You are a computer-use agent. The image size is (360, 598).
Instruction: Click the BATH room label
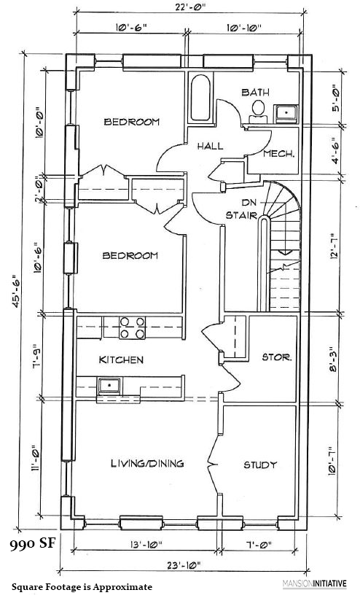tap(256, 92)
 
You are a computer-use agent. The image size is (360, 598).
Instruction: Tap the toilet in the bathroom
tap(257, 110)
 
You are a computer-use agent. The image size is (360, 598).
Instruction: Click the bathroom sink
tap(286, 112)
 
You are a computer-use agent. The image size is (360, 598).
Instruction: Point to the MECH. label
tap(278, 154)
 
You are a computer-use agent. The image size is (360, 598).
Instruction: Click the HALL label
tap(210, 146)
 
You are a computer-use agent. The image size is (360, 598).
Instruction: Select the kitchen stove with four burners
tap(130, 327)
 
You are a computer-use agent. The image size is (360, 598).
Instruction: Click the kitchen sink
tap(110, 384)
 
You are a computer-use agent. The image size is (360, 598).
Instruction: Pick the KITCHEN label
tap(121, 360)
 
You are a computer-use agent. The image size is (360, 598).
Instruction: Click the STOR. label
tap(277, 357)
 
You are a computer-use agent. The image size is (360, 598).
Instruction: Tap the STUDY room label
tap(260, 465)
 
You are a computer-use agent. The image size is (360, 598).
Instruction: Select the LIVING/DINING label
tap(146, 463)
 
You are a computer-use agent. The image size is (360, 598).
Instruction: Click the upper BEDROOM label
tap(131, 122)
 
